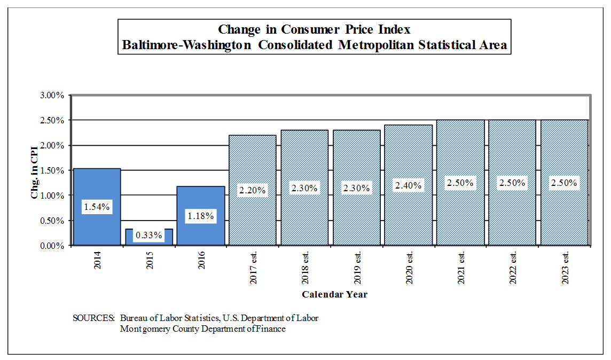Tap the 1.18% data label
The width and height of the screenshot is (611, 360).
[201, 216]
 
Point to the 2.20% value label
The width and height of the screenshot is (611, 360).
[252, 190]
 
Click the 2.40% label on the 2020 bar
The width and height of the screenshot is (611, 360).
[408, 185]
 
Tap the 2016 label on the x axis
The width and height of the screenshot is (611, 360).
[201, 260]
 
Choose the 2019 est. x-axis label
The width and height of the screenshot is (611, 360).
[357, 268]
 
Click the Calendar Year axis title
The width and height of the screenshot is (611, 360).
[334, 294]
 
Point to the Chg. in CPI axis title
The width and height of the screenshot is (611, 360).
[35, 171]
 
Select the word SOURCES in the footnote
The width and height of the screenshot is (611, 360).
[93, 318]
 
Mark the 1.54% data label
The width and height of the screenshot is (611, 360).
[97, 207]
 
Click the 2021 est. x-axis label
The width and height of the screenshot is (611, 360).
[461, 268]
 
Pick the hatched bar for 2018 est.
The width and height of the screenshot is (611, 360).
[304, 160]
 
